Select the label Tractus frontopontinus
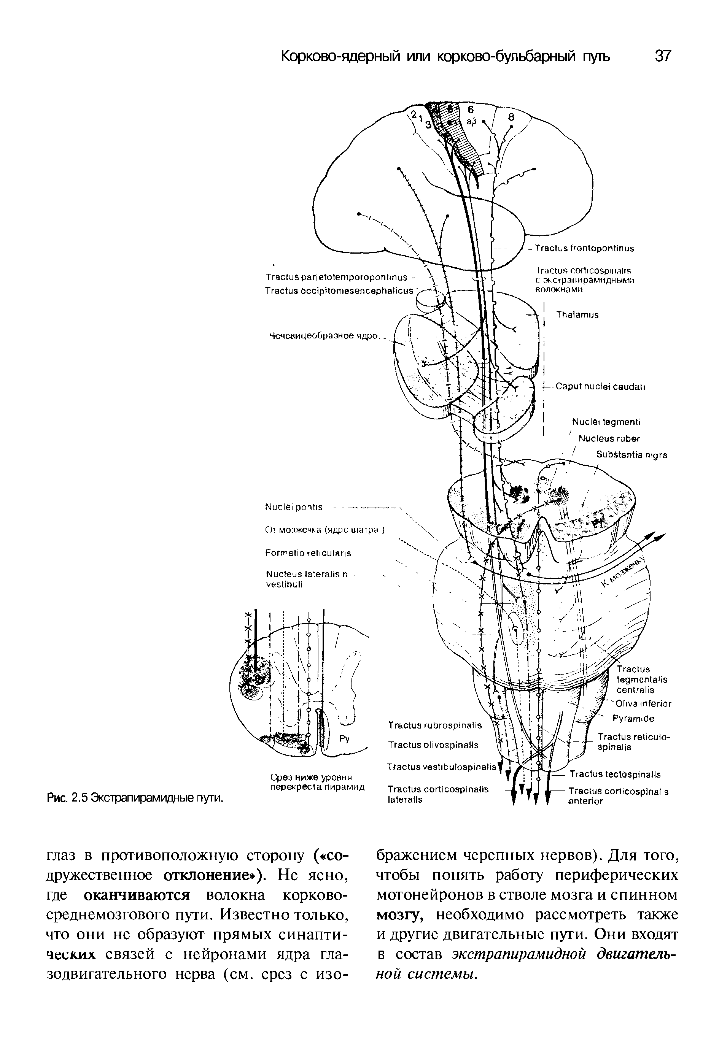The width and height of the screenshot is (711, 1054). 584,248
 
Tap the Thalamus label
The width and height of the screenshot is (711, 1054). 577,314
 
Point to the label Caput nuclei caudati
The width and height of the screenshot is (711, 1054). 600,387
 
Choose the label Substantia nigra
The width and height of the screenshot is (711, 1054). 631,455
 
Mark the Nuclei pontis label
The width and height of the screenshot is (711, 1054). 293,507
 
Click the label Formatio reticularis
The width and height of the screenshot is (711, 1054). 308,553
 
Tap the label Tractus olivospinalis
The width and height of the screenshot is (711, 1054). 433,744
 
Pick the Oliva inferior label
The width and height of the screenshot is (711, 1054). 643,704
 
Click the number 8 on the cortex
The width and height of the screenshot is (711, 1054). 511,117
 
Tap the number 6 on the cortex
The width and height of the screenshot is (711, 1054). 470,110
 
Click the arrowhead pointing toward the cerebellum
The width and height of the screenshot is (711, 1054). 659,537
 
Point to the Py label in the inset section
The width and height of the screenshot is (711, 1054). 345,739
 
